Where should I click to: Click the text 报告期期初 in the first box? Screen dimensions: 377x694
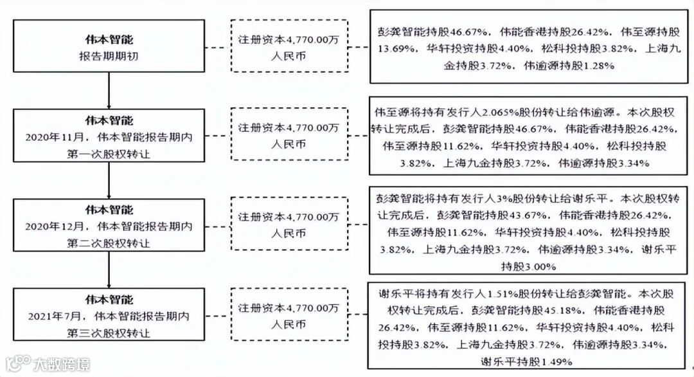pos(110,57)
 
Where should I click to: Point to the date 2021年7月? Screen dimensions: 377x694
pos(53,317)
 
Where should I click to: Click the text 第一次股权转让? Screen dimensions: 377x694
pos(110,154)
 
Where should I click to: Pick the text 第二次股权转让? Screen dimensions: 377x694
pos(110,243)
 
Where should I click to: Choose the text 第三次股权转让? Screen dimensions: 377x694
pos(110,333)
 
